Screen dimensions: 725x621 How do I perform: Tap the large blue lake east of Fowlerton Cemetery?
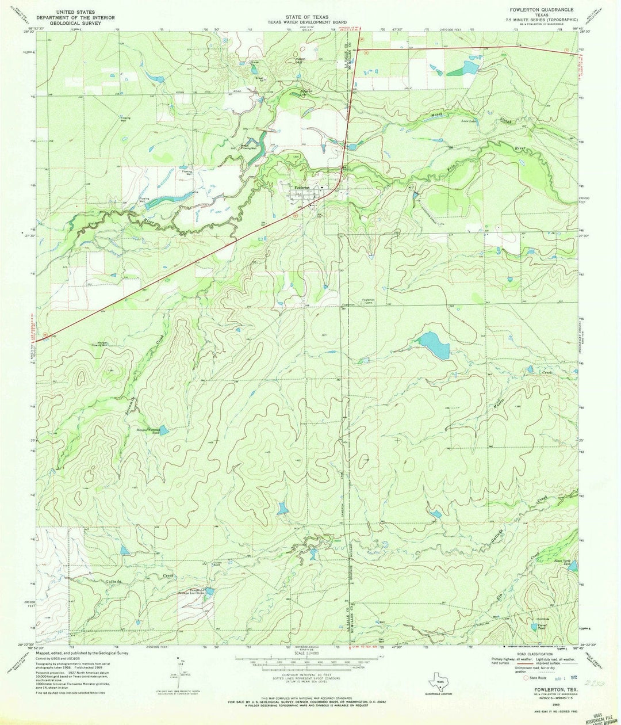pos(435,345)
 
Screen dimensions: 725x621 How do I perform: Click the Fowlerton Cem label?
pos(368,301)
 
